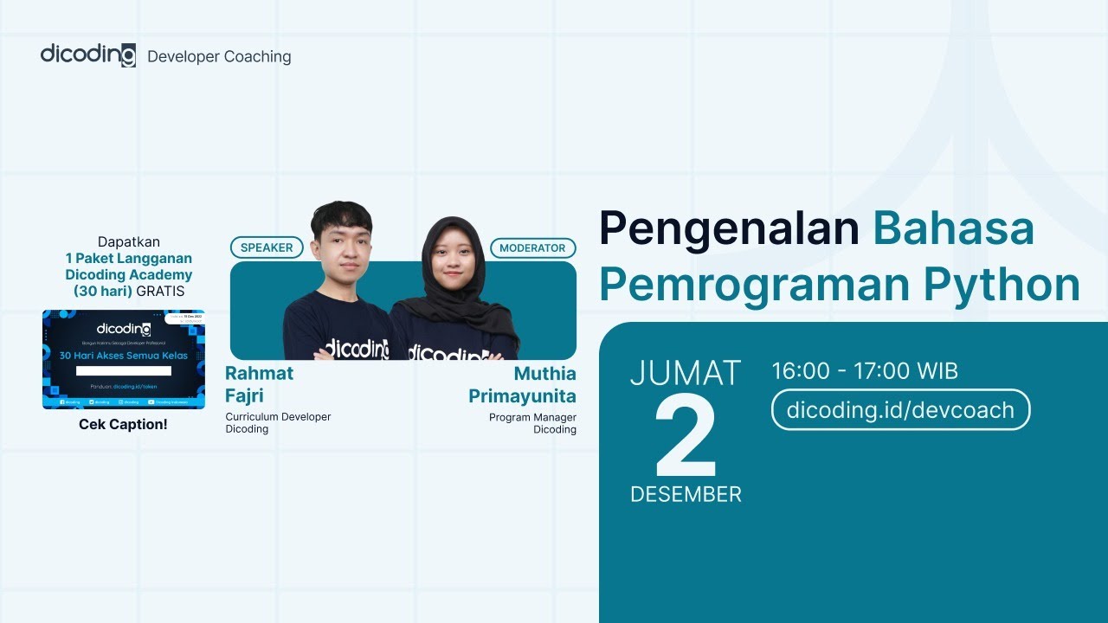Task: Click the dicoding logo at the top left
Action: (88, 55)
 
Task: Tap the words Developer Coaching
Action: (219, 57)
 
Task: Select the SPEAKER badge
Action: (267, 247)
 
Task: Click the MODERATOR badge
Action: (532, 248)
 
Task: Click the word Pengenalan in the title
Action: (729, 228)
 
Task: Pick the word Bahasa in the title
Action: (953, 228)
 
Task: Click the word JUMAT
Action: (686, 373)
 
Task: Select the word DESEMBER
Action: (686, 494)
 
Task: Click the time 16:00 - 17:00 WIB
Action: (865, 372)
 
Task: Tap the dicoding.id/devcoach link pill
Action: (900, 409)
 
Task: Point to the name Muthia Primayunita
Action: (522, 385)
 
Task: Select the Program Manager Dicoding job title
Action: (532, 423)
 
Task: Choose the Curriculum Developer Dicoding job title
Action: (278, 423)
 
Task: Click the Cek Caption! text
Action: (123, 424)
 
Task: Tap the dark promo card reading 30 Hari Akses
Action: (124, 359)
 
